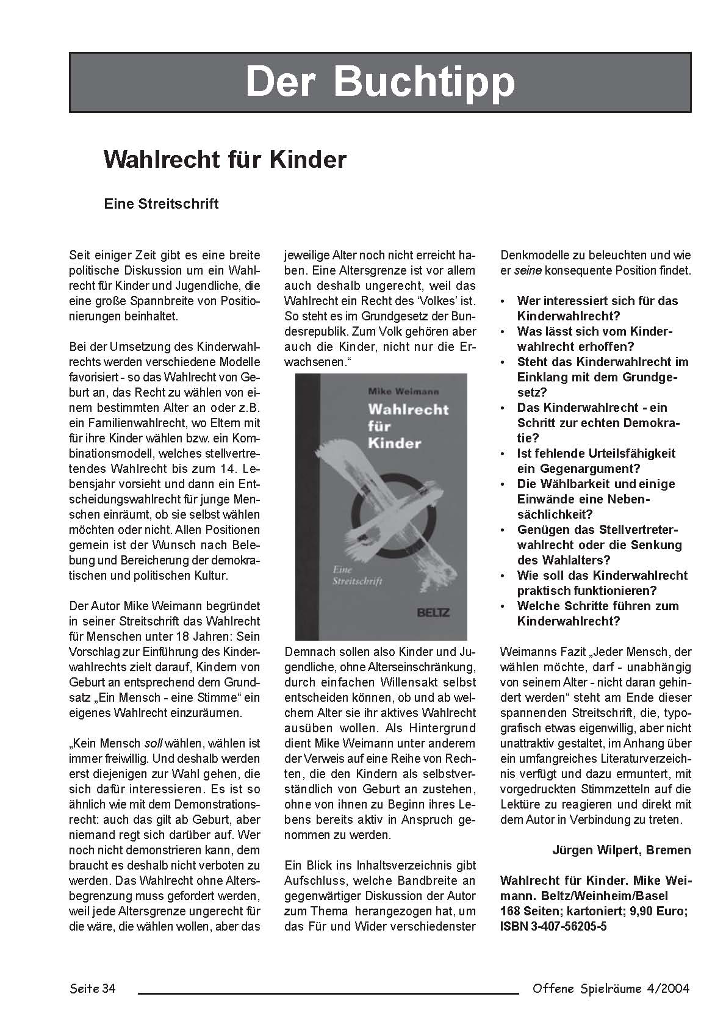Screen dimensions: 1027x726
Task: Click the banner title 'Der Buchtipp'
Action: pos(379,82)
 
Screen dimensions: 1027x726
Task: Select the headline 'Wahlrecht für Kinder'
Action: pos(225,160)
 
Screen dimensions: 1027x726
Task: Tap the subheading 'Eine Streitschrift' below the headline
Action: pos(161,204)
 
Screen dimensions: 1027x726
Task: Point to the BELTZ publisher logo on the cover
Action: pos(432,612)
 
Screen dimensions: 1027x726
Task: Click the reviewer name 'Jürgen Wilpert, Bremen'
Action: pos(621,850)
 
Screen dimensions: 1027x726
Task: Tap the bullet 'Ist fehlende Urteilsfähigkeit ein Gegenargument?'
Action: pos(595,461)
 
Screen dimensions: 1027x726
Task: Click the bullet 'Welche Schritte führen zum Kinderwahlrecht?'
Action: pos(597,613)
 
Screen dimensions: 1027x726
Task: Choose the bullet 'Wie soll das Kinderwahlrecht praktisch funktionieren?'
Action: pos(602,583)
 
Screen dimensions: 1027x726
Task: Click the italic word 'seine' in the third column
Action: pos(528,270)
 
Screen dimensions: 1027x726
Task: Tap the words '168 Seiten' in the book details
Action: pos(530,911)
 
